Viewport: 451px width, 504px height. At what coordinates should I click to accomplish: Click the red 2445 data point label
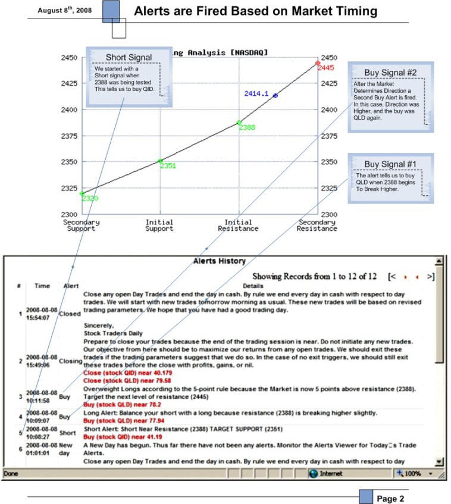click(x=326, y=68)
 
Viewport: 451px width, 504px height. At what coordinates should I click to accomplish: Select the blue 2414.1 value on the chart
click(x=256, y=93)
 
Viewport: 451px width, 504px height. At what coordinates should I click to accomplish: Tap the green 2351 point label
click(x=168, y=166)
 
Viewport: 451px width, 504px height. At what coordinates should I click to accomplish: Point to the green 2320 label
click(x=90, y=198)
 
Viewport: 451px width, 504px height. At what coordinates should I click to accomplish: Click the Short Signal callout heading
click(x=129, y=57)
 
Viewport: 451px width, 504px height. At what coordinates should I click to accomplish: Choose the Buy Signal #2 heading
click(x=390, y=73)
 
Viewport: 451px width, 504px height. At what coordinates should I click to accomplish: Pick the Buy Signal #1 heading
click(x=390, y=164)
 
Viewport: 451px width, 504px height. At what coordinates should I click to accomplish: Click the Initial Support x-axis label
click(x=159, y=226)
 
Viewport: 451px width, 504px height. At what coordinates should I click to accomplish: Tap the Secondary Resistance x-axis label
click(x=317, y=226)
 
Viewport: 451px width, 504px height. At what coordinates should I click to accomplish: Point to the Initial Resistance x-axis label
click(x=238, y=226)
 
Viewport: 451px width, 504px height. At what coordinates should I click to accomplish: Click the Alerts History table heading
click(x=219, y=261)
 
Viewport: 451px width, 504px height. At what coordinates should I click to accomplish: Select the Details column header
click(x=257, y=286)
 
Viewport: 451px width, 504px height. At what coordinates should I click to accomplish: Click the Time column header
click(x=42, y=286)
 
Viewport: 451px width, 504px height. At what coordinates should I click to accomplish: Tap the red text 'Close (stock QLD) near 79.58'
click(x=123, y=380)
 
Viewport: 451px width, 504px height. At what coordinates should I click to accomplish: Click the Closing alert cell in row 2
click(x=71, y=361)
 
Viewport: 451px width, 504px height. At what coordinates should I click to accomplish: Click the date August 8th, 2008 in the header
click(x=64, y=11)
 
